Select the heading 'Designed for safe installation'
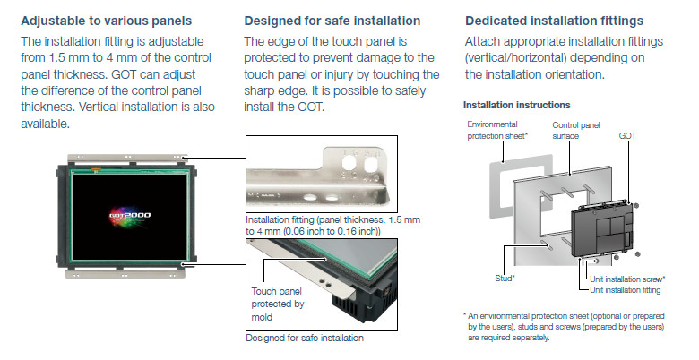coord(332,21)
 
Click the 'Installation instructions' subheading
coord(517,105)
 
